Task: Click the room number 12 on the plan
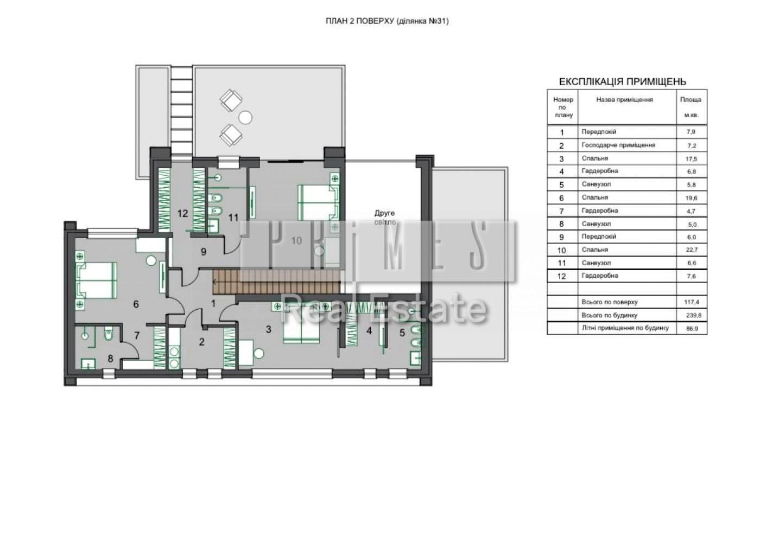click(182, 214)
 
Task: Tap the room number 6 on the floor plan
click(136, 304)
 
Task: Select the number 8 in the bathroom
click(110, 358)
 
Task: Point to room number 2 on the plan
click(202, 342)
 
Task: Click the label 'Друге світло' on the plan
click(385, 218)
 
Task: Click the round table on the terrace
click(245, 118)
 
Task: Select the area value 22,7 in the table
click(692, 250)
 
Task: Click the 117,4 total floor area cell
click(692, 302)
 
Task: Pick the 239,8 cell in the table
click(694, 315)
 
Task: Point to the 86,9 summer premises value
click(692, 328)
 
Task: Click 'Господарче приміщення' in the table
click(618, 145)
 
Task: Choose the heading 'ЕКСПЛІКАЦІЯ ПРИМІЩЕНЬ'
click(623, 82)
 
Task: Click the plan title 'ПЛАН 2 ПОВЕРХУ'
click(359, 21)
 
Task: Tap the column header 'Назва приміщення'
click(625, 100)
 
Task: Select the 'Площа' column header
click(691, 100)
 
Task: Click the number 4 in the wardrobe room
click(370, 330)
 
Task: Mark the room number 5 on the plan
click(402, 333)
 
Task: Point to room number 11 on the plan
click(233, 218)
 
